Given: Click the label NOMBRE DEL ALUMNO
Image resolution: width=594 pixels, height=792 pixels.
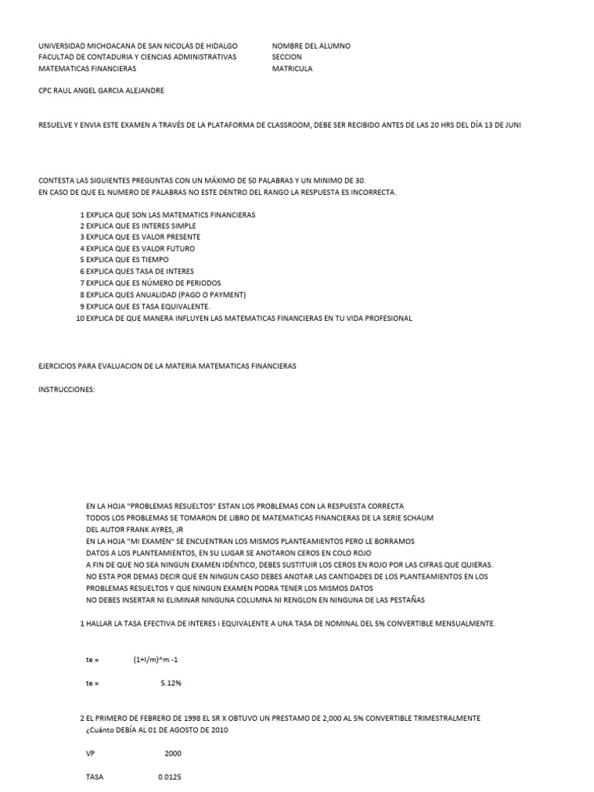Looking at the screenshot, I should tap(311, 46).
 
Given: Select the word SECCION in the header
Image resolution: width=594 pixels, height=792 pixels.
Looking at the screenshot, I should tap(287, 57).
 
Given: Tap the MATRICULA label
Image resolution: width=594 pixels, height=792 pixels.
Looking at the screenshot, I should tap(292, 68).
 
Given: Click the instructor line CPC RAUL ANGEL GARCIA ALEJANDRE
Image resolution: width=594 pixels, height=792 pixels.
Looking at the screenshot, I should tap(101, 90).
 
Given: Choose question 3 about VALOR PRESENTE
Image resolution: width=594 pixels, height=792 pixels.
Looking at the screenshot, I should tap(143, 237).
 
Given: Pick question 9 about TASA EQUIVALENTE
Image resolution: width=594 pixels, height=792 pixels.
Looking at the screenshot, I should tap(147, 306).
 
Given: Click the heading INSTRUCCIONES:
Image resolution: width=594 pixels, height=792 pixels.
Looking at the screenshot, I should tap(67, 389).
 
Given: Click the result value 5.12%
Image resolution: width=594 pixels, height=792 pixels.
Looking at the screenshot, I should tap(171, 684).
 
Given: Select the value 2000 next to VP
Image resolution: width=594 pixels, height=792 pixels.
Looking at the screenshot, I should tap(173, 753).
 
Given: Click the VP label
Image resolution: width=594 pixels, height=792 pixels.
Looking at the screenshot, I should tap(90, 753).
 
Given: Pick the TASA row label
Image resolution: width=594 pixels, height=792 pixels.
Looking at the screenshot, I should tap(95, 777).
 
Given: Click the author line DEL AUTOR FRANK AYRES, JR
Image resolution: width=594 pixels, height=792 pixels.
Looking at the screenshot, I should tap(134, 529).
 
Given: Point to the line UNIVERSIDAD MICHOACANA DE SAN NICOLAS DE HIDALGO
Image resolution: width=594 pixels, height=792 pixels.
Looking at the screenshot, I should tap(138, 46).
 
